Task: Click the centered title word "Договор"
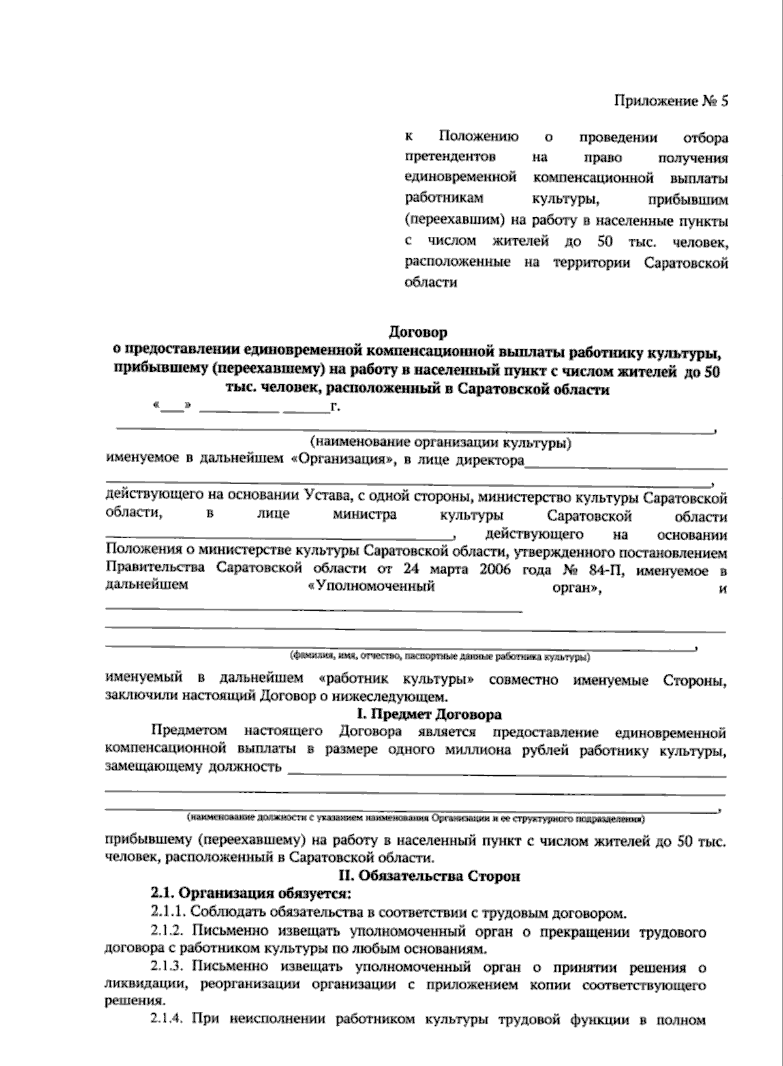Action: coord(418,333)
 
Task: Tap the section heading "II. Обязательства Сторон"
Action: coord(427,876)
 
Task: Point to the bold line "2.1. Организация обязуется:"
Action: coord(251,892)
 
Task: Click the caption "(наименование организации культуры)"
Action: coord(442,444)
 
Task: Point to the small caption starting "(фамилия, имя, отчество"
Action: coord(441,656)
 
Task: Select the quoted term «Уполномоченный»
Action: coord(371,586)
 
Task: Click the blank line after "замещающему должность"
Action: coord(506,774)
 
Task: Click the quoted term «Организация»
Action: coord(340,460)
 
